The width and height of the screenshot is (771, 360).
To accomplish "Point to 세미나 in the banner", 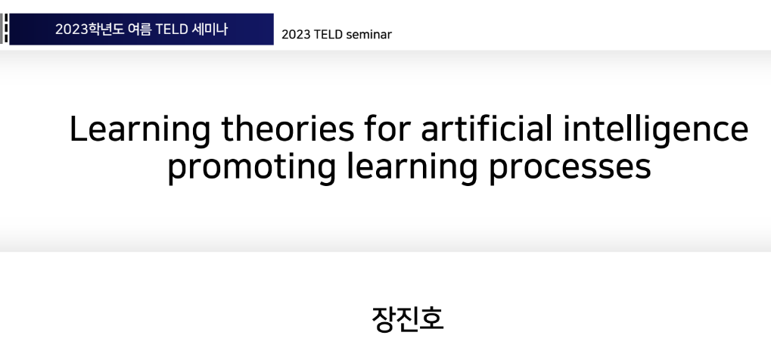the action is [210, 29].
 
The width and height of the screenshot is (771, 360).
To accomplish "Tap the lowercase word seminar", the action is [369, 35].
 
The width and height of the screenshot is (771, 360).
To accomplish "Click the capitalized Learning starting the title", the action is [140, 131].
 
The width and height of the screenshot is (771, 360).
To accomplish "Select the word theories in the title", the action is [288, 129].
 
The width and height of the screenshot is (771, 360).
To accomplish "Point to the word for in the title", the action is [387, 129].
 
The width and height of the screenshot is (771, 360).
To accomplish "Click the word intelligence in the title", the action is [656, 131].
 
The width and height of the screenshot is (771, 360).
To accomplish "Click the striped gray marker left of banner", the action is [5, 29].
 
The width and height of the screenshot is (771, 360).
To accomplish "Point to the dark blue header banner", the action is [141, 29].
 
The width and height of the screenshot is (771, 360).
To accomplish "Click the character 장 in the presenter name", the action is [384, 319].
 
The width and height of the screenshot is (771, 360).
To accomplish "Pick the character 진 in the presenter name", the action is [408, 319].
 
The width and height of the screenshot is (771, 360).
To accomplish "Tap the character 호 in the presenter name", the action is [432, 319].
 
